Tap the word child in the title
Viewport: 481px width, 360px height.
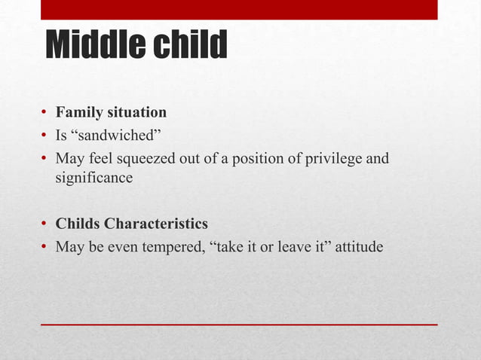pos(191,46)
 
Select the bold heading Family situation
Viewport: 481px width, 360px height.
pos(111,113)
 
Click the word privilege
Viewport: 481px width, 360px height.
pos(329,158)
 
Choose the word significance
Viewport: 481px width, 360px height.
pos(93,178)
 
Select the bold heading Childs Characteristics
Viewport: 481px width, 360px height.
pos(131,224)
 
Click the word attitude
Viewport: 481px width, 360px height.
pos(359,246)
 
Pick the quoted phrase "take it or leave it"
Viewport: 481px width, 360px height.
pos(268,246)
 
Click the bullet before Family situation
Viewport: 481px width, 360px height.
pos(45,114)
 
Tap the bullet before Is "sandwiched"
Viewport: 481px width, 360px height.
pos(45,136)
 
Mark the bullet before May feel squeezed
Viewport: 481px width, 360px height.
pos(45,158)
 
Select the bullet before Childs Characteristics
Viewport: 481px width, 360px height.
pos(45,225)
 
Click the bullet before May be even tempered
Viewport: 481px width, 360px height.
pos(45,246)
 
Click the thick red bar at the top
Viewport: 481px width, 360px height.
pos(239,10)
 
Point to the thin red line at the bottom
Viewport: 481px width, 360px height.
pos(239,324)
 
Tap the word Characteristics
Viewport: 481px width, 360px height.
pos(156,224)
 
